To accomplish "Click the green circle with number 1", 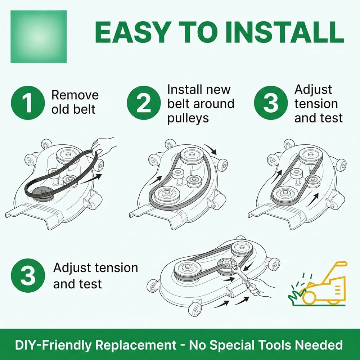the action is point(28,103).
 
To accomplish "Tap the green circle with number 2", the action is point(144,103).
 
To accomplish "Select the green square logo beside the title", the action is point(39,36).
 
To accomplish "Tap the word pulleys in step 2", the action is point(188,118).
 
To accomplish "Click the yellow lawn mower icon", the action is point(324,285).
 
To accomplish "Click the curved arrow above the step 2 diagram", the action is point(210,149).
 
